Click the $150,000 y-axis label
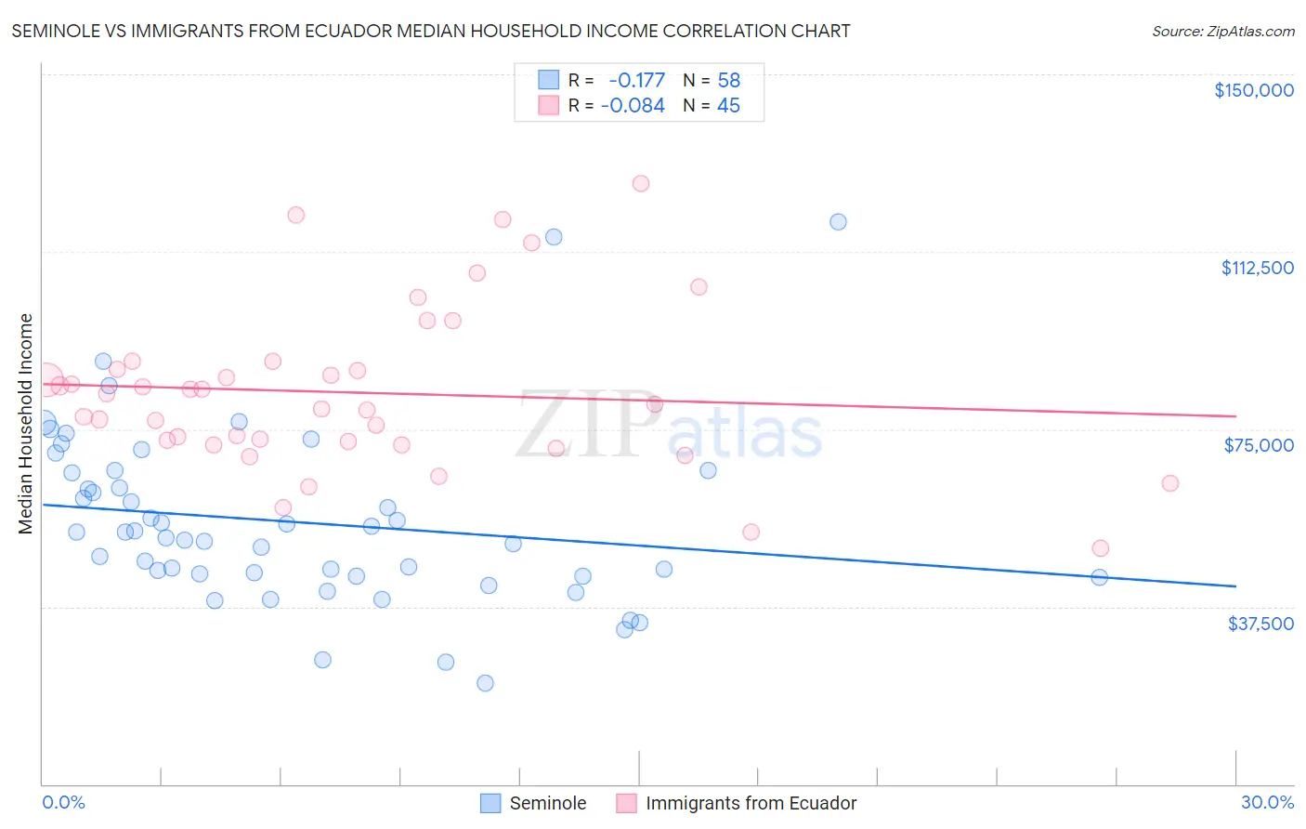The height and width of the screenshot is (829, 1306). [x=1253, y=90]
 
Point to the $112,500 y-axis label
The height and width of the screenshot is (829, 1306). [x=1257, y=268]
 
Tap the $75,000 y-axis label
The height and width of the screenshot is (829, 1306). [x=1259, y=445]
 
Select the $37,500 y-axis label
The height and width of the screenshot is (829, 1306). [x=1260, y=624]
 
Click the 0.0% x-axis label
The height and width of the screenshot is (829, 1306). [x=63, y=802]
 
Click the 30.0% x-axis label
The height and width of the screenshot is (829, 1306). [x=1267, y=802]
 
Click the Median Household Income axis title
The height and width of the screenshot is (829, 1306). [x=25, y=424]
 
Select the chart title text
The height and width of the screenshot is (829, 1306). [x=431, y=31]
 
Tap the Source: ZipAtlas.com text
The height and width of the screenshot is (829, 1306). [x=1222, y=31]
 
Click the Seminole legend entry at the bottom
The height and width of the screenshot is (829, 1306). [x=547, y=803]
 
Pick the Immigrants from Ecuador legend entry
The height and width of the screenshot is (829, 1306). [x=751, y=803]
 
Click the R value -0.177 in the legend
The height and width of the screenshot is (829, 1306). [x=636, y=80]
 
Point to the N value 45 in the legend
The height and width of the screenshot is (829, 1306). [x=728, y=106]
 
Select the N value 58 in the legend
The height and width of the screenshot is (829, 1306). [x=728, y=80]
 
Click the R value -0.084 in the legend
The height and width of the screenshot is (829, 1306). [x=633, y=106]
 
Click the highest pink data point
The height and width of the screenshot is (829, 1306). [x=641, y=183]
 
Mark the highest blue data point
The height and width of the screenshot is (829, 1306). [x=838, y=221]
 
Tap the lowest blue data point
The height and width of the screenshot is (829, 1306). [x=485, y=683]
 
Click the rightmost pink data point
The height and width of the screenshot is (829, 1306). [x=1170, y=483]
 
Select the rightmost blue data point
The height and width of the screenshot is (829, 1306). [x=1100, y=577]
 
